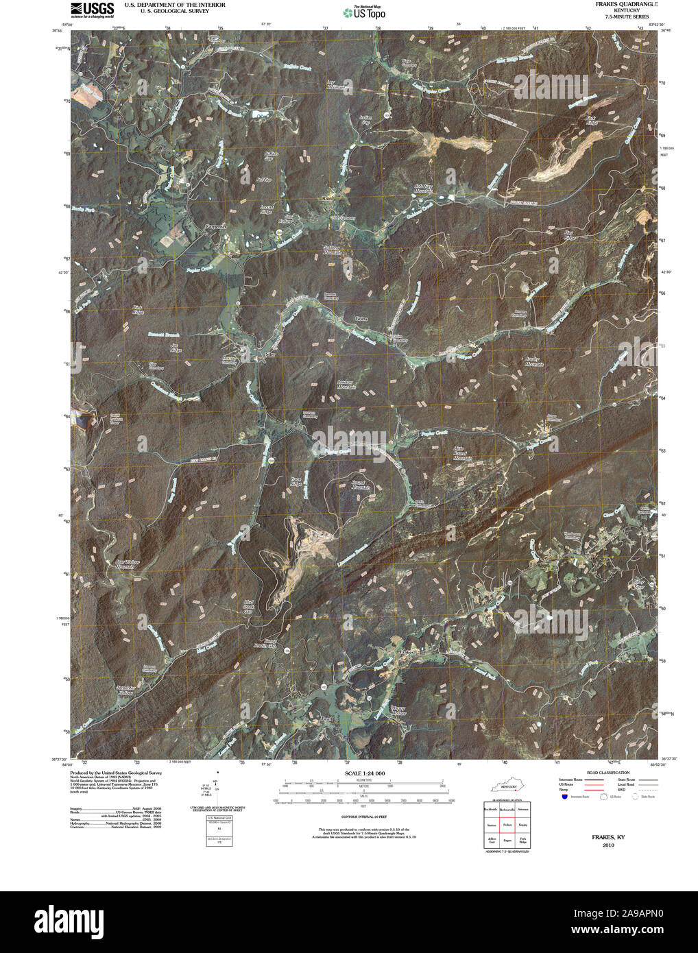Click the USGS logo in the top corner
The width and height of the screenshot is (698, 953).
(93, 9)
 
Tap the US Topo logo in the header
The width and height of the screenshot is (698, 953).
(364, 12)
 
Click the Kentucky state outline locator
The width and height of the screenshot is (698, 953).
(507, 784)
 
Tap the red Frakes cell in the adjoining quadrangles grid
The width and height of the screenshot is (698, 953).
(508, 825)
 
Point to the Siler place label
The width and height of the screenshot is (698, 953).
(269, 355)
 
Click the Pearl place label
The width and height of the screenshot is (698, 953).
(326, 719)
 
